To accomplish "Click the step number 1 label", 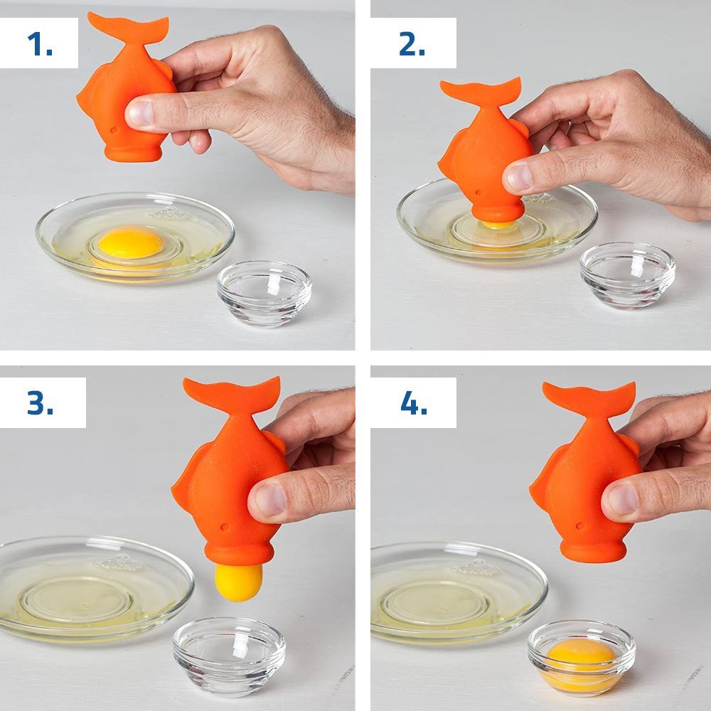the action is tap(40, 44).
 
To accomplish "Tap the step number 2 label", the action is tap(412, 44).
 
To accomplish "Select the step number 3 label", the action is tap(41, 402).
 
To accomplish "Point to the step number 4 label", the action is tap(414, 402).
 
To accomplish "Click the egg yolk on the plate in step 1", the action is tap(131, 242).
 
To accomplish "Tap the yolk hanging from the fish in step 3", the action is tap(238, 582).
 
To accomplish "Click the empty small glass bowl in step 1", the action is tap(264, 293).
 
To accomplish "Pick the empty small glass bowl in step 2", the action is tap(628, 274).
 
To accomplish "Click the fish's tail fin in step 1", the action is tap(129, 28).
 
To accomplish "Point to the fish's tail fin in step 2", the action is tap(481, 92).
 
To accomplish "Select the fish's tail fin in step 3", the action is tap(232, 393).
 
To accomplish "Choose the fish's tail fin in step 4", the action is tap(589, 397).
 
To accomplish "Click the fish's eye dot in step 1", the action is tap(114, 130).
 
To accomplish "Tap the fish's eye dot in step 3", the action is tap(225, 528).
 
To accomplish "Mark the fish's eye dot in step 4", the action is tap(579, 526).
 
